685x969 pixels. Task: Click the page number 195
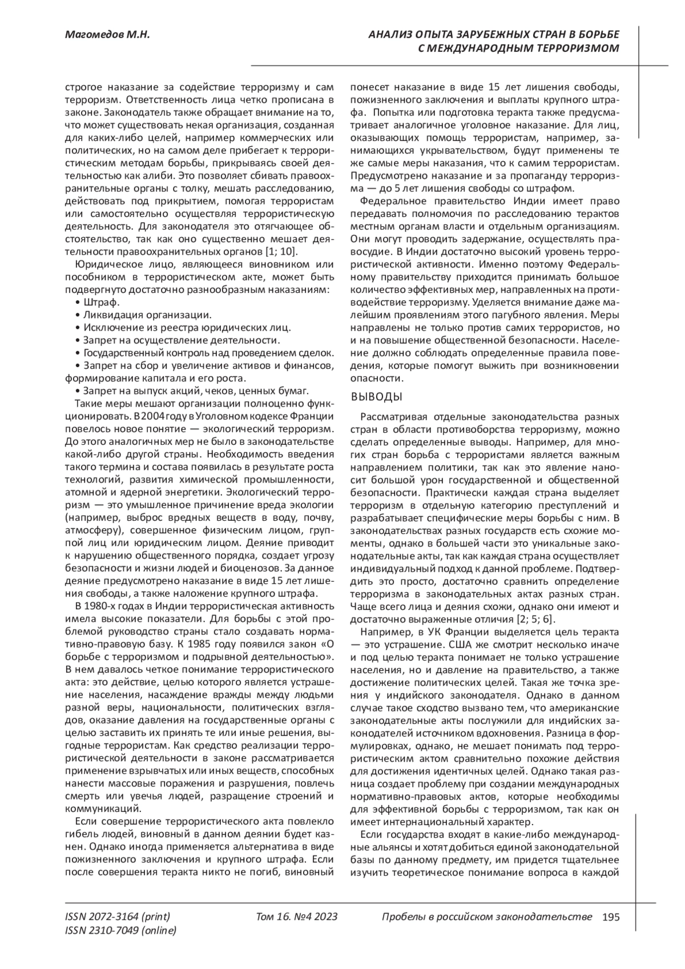(x=610, y=918)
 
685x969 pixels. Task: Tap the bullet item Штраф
(x=98, y=302)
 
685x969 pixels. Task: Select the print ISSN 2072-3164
(x=118, y=918)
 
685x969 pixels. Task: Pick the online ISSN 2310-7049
(x=120, y=931)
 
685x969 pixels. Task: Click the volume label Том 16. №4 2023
(x=297, y=918)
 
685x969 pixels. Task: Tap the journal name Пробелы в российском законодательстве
(x=486, y=918)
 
